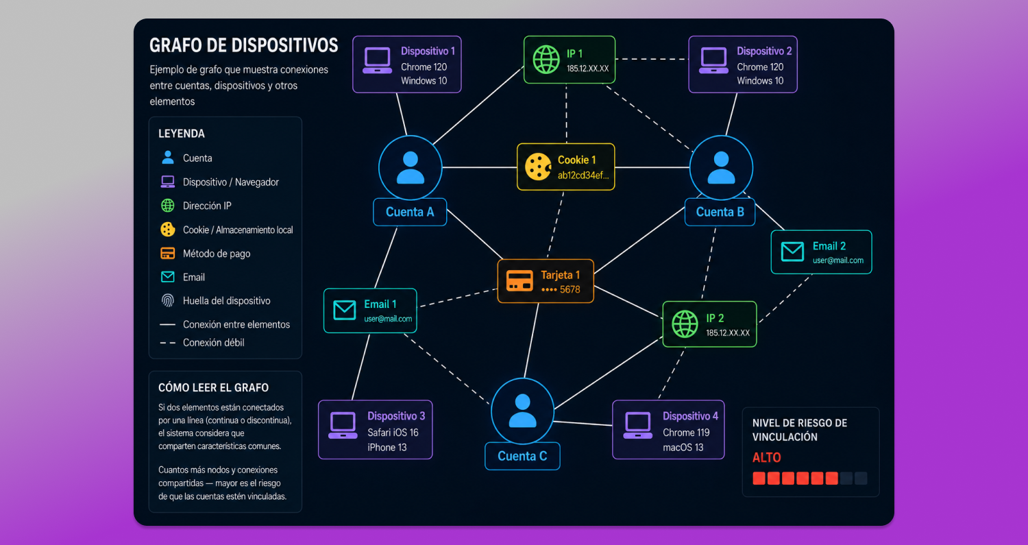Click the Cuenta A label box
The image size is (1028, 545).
click(410, 212)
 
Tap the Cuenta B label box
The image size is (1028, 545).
click(720, 212)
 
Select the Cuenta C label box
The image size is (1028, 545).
click(522, 456)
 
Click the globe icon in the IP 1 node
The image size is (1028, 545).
click(546, 60)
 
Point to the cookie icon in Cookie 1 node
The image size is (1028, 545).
click(538, 167)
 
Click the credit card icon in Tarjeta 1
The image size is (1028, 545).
click(519, 280)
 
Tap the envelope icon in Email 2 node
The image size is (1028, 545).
click(792, 252)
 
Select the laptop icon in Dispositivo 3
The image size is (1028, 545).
click(343, 426)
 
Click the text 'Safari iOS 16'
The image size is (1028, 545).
click(393, 433)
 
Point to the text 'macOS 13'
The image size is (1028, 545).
click(683, 447)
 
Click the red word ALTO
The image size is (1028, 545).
click(766, 457)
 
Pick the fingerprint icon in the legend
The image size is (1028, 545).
click(167, 301)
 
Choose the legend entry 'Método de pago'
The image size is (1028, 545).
click(217, 254)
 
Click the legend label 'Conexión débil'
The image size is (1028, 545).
click(213, 343)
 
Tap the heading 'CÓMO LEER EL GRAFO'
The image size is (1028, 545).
click(213, 387)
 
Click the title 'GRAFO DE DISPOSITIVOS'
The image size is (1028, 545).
click(244, 45)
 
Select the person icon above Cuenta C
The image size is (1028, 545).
click(522, 411)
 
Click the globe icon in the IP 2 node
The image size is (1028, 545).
click(685, 324)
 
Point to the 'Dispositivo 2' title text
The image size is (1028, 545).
click(764, 51)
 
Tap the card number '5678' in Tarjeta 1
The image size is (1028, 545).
click(570, 290)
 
